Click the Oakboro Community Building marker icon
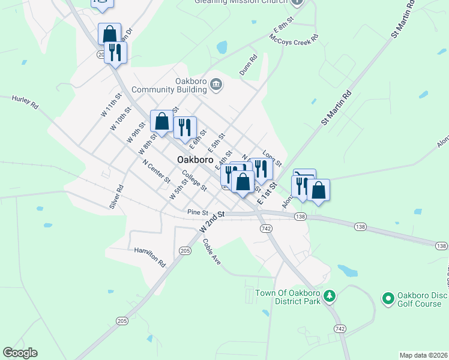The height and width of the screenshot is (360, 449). tap(217, 88)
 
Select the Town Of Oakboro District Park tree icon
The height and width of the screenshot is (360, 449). tap(328, 296)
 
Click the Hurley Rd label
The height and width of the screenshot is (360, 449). tap(25, 102)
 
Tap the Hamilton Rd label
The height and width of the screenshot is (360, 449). tap(149, 256)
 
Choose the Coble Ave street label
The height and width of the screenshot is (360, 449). tap(212, 251)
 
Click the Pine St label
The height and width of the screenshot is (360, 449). tap(197, 212)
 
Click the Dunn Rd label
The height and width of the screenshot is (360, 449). tap(248, 65)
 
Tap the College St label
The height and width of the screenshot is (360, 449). tap(194, 181)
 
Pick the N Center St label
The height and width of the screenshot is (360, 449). tap(156, 172)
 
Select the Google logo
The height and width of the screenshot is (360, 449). tap(20, 353)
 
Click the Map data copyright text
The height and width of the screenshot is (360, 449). tap(424, 355)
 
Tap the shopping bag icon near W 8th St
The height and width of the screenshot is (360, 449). tap(161, 121)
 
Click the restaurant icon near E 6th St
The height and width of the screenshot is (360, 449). tap(185, 127)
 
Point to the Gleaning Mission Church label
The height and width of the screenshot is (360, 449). tap(242, 2)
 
